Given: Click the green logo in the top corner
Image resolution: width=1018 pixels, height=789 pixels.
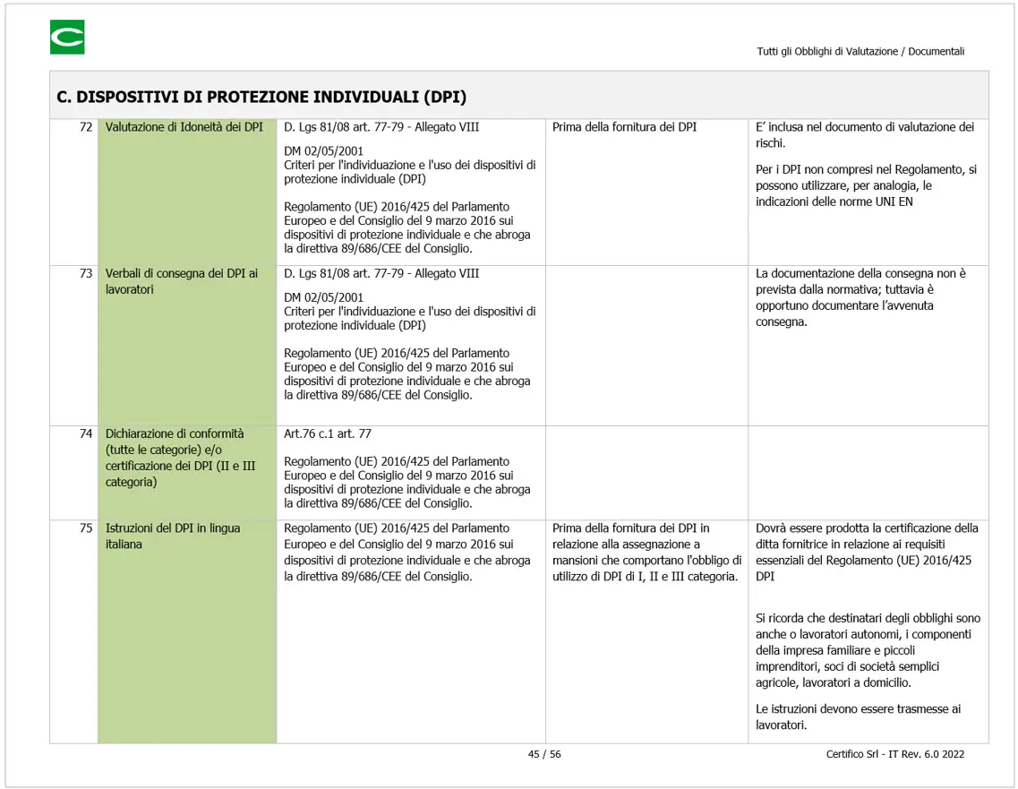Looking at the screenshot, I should tap(67, 38).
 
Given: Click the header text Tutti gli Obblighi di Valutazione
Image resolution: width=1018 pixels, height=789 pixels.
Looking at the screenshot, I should tap(860, 52).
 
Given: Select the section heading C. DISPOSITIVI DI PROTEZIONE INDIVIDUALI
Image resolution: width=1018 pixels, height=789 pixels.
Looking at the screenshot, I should tap(261, 97).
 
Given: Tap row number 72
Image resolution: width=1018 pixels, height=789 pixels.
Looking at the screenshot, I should tap(86, 127).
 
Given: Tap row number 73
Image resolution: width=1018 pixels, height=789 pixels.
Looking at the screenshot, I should tap(86, 273).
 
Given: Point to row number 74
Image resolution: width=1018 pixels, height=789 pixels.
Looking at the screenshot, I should tap(86, 433).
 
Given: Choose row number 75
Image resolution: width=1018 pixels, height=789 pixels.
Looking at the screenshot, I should tap(86, 528).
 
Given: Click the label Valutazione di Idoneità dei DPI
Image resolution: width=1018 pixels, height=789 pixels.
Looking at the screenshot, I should tap(184, 127).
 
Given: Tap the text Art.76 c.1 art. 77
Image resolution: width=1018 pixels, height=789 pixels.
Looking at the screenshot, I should tap(328, 433).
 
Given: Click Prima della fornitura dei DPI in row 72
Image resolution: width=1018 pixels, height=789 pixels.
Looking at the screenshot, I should tap(624, 127).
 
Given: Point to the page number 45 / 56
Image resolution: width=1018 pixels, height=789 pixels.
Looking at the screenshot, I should tap(544, 754).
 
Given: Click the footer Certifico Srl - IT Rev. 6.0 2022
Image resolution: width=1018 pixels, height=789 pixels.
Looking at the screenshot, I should tap(894, 754).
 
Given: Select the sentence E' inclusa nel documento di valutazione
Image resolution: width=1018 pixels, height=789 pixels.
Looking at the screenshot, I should tap(864, 135).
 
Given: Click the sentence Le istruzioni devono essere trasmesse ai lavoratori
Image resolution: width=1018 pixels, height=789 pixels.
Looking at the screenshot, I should tap(858, 716).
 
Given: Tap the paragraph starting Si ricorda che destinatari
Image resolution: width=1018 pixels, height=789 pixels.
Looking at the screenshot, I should tap(868, 650).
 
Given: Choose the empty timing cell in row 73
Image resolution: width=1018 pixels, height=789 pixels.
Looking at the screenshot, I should tap(646, 345).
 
